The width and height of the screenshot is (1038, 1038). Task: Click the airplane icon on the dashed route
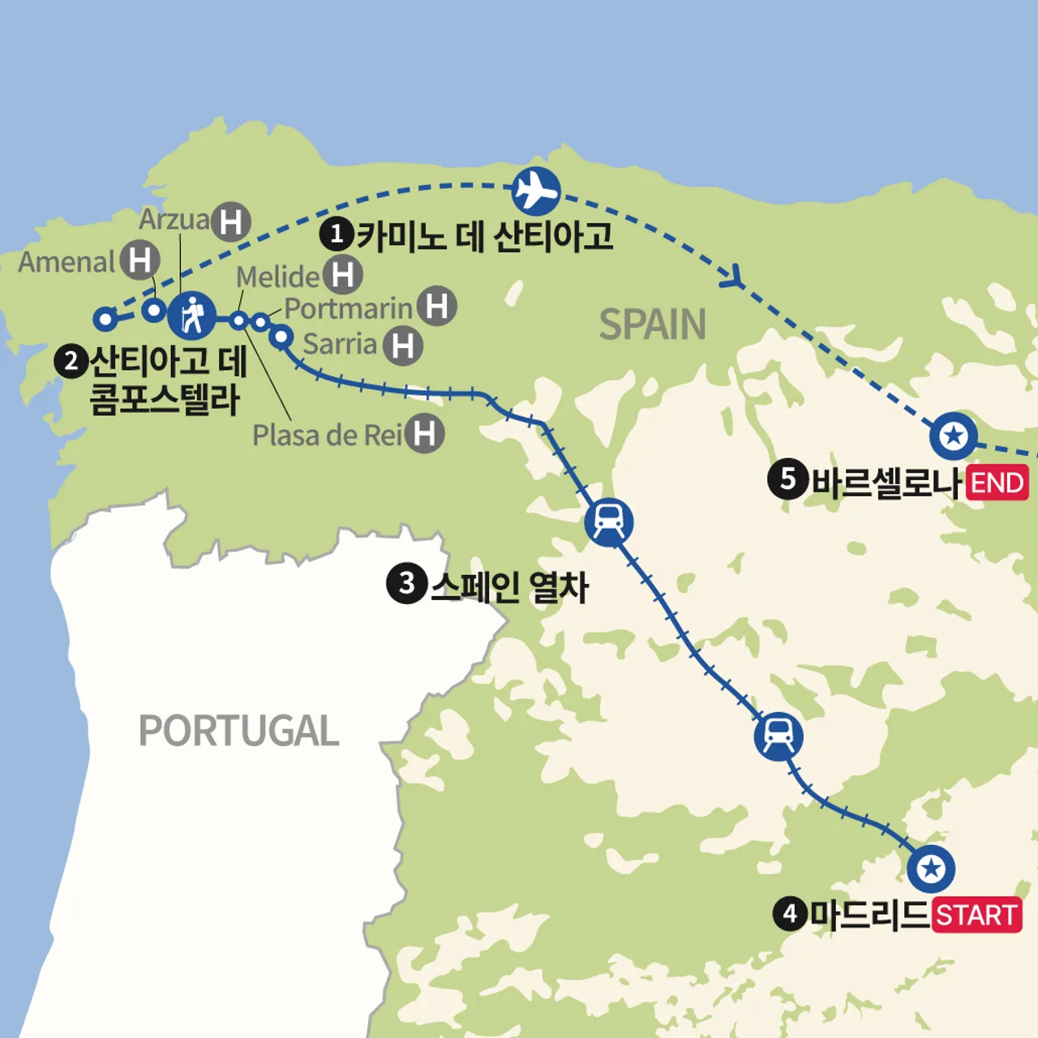(x=536, y=191)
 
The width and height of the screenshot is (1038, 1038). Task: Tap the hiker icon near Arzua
(x=192, y=315)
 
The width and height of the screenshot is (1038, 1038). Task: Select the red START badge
(x=976, y=916)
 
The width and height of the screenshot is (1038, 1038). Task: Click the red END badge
(x=997, y=483)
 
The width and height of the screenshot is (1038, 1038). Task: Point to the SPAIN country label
(x=652, y=325)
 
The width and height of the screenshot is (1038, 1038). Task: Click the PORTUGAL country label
(x=238, y=731)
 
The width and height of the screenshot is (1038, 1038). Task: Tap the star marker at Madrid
(x=931, y=869)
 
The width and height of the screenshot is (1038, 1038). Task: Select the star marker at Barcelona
(x=954, y=435)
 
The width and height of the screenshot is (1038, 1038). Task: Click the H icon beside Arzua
(x=231, y=221)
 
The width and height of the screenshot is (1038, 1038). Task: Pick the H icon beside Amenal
(x=140, y=260)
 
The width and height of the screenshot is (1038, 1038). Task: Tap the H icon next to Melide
(x=342, y=275)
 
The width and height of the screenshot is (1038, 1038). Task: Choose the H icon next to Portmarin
(x=437, y=307)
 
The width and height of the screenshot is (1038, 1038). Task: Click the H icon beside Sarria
(x=403, y=345)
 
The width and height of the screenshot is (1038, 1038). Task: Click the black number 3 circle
(x=407, y=584)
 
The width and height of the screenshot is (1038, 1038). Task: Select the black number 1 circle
(x=336, y=234)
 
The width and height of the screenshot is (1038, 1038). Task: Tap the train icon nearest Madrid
(x=778, y=736)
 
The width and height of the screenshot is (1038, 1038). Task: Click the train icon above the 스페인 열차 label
(x=608, y=521)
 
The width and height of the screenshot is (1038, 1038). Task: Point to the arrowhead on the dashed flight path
(x=733, y=277)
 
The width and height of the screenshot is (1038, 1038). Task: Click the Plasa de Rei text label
(x=327, y=435)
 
